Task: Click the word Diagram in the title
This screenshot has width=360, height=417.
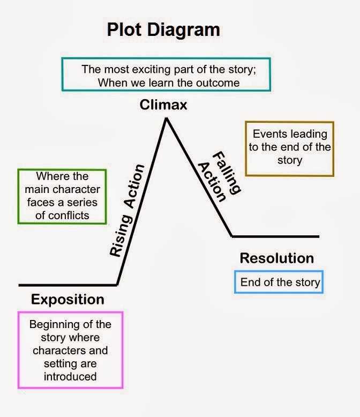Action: click(187, 29)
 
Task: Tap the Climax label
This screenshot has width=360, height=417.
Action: click(163, 105)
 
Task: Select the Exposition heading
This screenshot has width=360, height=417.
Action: click(67, 299)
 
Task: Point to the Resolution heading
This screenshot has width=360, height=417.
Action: click(276, 258)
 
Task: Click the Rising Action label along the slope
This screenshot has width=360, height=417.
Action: click(127, 211)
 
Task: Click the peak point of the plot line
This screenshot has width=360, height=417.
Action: click(166, 118)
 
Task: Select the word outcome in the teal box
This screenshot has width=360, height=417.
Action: click(219, 83)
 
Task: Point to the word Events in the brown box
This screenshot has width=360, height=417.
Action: click(267, 134)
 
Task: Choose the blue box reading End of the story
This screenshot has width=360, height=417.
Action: click(280, 282)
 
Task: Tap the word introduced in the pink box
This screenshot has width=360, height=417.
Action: click(70, 376)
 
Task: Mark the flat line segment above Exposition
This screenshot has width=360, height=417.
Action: click(67, 285)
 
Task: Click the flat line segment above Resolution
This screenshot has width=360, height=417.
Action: click(275, 236)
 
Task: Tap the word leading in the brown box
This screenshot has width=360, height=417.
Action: click(304, 134)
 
